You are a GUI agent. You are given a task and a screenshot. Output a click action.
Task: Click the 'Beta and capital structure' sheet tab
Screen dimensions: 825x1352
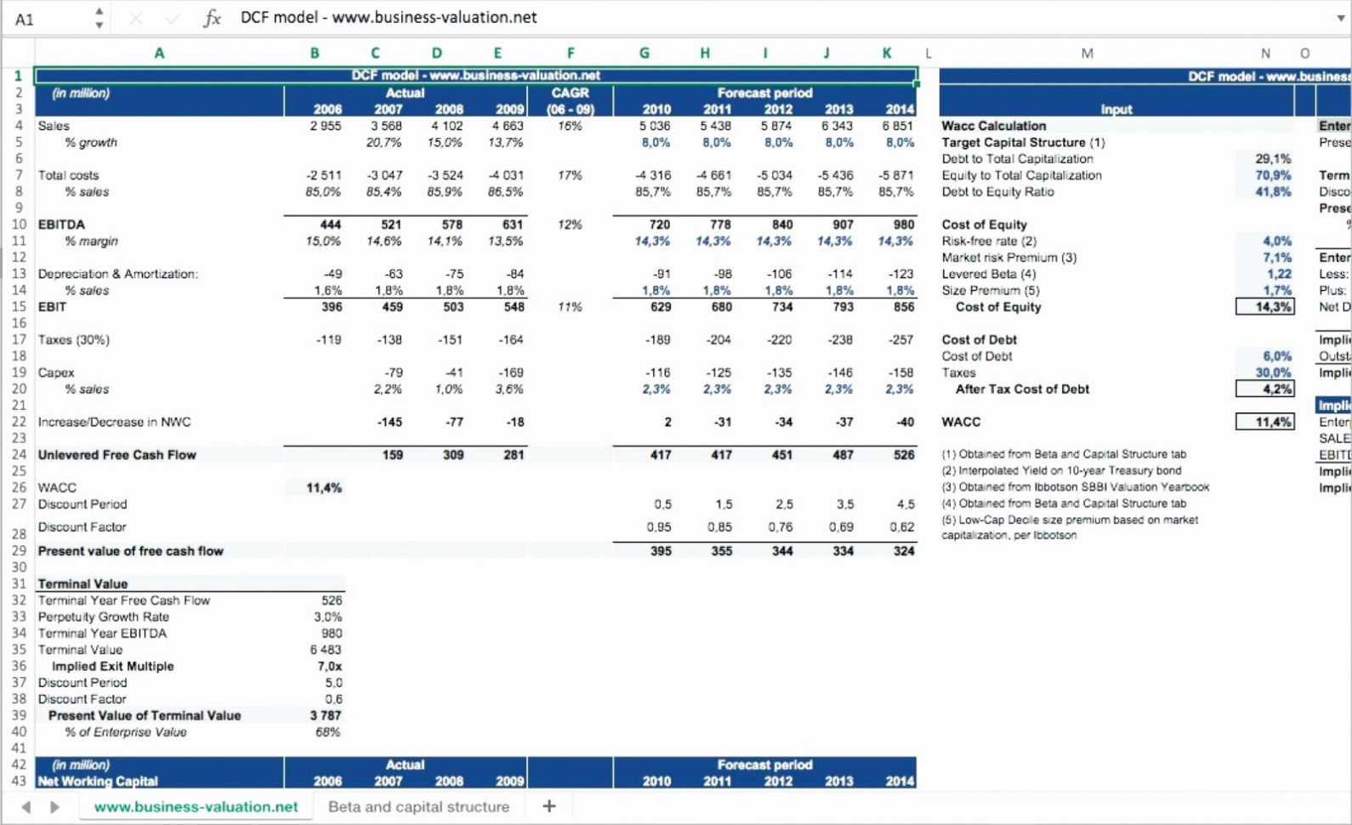point(418,806)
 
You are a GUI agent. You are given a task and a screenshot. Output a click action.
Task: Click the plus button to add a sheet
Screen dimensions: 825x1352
point(549,805)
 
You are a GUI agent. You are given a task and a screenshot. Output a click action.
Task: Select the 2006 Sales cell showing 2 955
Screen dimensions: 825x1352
point(326,126)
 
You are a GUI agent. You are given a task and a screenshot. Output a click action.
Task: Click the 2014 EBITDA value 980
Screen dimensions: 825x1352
point(903,225)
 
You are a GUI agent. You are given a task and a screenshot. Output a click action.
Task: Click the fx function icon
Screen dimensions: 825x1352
point(212,18)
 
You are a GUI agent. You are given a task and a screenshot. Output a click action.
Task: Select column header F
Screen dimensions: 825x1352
point(571,53)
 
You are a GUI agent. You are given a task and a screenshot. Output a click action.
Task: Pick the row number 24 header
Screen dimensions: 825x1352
point(19,455)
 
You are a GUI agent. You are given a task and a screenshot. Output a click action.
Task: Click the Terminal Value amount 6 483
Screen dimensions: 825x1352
point(326,650)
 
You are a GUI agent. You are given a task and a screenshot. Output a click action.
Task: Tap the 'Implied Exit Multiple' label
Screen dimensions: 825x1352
point(112,666)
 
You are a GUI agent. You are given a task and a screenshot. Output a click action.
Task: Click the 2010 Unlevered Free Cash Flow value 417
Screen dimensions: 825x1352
point(660,455)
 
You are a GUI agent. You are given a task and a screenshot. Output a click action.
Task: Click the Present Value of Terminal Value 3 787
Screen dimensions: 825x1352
point(326,715)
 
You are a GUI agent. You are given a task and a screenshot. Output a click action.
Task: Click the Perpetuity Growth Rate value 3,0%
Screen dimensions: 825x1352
point(327,617)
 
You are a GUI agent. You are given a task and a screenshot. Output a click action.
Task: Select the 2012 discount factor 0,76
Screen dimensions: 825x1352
point(780,527)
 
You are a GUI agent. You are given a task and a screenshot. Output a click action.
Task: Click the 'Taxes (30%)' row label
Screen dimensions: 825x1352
point(74,339)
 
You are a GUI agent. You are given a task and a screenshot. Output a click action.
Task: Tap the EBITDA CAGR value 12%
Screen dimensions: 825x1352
point(570,225)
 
